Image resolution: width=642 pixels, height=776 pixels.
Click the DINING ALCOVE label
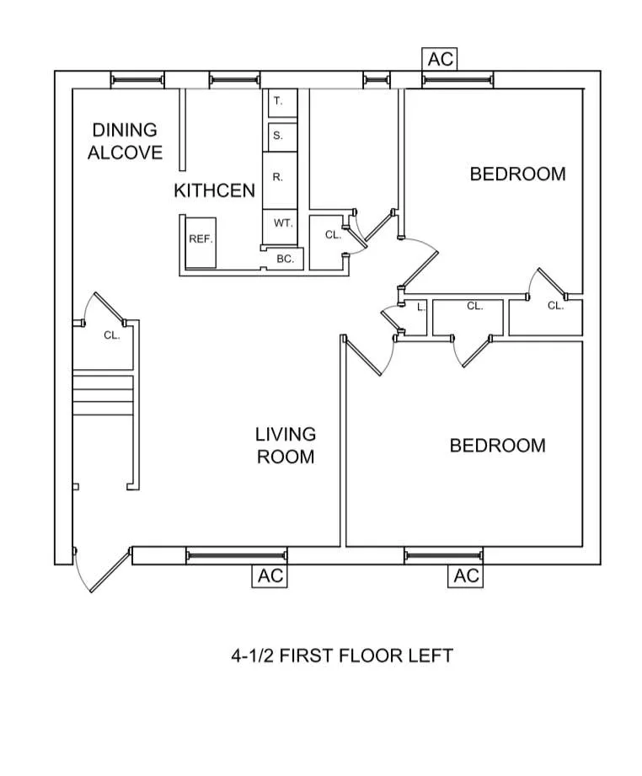coord(125,141)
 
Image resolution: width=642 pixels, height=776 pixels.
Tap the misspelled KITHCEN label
coord(214,190)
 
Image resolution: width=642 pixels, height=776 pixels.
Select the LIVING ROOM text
coord(286,445)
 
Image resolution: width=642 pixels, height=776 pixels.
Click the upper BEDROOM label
coord(517,174)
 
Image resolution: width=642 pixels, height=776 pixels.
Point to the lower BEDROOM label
coord(497,445)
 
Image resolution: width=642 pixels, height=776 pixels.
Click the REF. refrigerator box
coord(201,240)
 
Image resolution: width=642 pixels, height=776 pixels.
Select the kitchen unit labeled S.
coord(279,136)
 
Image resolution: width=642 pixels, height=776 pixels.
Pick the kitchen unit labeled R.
coord(279,179)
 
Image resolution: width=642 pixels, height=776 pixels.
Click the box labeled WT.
coord(282,224)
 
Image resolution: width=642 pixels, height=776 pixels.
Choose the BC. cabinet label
coord(286,259)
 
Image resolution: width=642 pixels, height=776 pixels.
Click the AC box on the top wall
coord(441,59)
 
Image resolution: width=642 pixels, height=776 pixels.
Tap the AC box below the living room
coord(270,576)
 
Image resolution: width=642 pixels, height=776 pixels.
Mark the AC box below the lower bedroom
coord(466,576)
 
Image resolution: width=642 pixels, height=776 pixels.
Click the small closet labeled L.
coord(420,308)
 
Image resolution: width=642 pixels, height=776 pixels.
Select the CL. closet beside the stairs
coord(111,335)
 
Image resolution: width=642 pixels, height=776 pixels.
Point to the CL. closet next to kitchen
coord(333,235)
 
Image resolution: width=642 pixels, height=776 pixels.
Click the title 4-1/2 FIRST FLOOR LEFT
coord(342,655)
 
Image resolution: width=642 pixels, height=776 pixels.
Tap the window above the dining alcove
coord(137,81)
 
